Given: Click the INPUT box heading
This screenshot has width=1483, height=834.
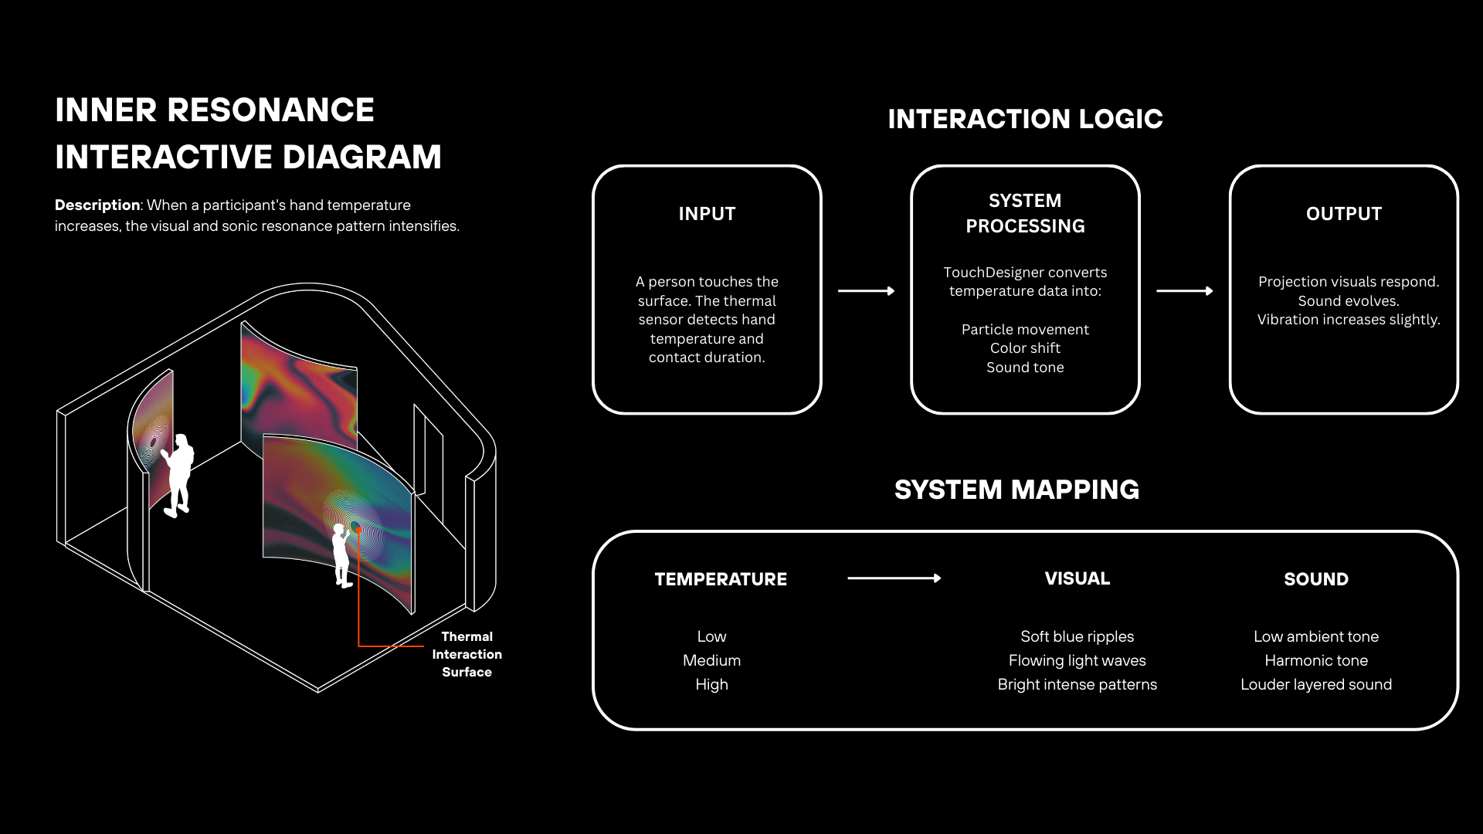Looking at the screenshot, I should click(x=707, y=214).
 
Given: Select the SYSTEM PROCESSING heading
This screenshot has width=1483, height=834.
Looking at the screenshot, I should click(x=1025, y=213).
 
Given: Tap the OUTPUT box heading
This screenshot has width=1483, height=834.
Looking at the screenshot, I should click(x=1343, y=214).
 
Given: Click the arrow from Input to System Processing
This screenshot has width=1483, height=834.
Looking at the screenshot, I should click(x=866, y=291).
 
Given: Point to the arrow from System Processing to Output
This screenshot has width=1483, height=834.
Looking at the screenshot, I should click(x=1184, y=291).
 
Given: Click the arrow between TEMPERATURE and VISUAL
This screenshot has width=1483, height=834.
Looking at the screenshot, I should click(x=894, y=578).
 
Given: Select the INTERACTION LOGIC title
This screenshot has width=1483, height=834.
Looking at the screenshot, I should click(x=1025, y=119).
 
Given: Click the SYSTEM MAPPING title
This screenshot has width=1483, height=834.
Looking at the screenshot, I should click(x=1016, y=490).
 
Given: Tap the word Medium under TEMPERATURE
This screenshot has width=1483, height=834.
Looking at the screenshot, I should click(x=711, y=660).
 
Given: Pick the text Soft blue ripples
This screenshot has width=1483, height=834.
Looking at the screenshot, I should click(x=1077, y=636).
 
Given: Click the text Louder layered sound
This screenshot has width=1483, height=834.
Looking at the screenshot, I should click(x=1315, y=684).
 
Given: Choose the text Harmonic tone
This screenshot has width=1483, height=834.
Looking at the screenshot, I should click(x=1315, y=660).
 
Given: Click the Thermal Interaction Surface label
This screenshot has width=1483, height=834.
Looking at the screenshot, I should click(x=467, y=654).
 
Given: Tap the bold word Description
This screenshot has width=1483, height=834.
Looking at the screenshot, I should click(x=97, y=205).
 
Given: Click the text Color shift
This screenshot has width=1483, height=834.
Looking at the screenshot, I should click(x=1025, y=348).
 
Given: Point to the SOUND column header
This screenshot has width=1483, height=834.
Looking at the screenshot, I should click(x=1315, y=579).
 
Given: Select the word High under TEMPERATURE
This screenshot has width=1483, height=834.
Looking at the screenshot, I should click(x=711, y=684).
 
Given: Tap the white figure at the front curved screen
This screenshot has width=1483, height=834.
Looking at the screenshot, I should click(x=341, y=554).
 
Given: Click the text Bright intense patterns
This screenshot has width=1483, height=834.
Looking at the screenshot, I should click(x=1077, y=684).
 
